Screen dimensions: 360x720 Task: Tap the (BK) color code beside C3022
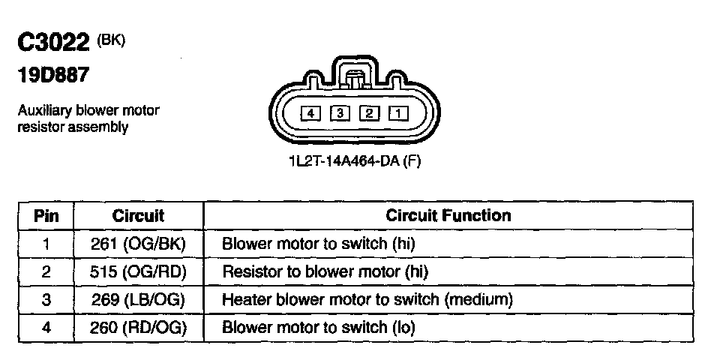tap(111, 40)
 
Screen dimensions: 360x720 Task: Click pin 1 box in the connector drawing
tap(397, 113)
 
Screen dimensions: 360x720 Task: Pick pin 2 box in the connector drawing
tap(369, 113)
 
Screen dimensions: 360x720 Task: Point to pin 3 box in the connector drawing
tap(340, 113)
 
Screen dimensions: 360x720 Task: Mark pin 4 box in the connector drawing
tap(310, 113)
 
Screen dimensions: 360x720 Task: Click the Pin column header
tap(45, 216)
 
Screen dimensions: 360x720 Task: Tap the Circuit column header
tap(138, 216)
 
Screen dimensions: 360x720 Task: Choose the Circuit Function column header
tap(448, 216)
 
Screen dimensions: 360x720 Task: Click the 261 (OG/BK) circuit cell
tap(138, 244)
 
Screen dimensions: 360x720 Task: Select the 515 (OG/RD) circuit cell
tap(138, 272)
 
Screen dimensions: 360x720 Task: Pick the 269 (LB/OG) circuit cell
tap(138, 300)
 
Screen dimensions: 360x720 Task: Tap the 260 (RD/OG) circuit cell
tap(138, 328)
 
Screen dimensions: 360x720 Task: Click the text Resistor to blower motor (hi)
tap(325, 272)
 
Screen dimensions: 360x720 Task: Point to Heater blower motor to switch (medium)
tap(367, 300)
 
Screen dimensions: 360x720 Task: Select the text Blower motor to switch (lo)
tap(319, 328)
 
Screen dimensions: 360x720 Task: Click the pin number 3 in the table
tap(45, 300)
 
